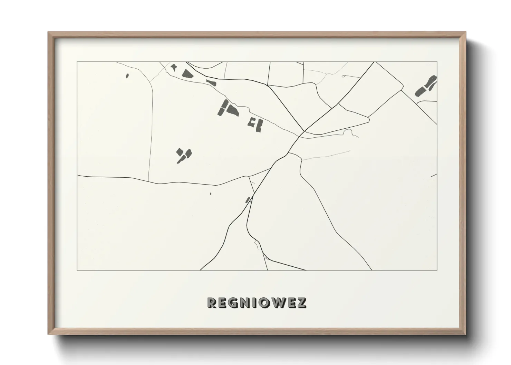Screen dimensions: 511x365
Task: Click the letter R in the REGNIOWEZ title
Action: pos(212,303)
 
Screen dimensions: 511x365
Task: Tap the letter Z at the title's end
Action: pos(301,303)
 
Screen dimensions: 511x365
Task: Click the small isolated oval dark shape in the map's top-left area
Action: pos(127,76)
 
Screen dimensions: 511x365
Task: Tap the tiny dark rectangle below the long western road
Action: pos(210,194)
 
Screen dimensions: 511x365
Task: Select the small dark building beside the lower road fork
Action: pos(247,200)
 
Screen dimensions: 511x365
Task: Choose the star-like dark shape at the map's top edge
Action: pos(173,67)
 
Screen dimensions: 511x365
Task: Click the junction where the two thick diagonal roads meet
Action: pos(304,131)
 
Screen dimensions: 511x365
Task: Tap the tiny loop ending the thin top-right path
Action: pos(344,76)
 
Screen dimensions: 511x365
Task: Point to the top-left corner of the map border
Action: pos(77,62)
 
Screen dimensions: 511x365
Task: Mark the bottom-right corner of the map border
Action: pos(437,270)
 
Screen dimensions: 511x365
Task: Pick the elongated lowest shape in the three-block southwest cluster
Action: pos(180,160)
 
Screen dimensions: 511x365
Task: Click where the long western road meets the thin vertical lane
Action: pos(149,181)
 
